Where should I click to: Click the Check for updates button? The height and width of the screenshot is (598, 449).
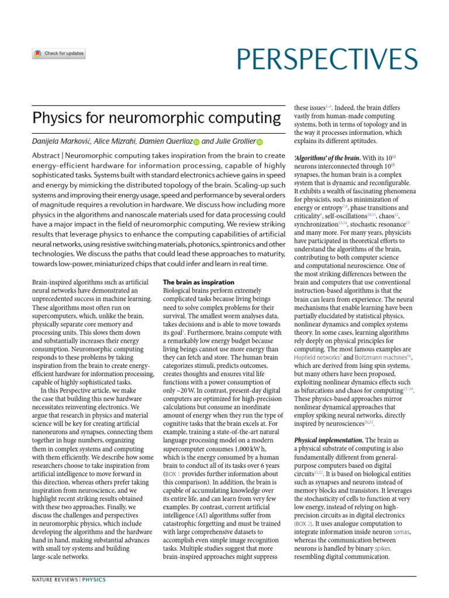pos(58,54)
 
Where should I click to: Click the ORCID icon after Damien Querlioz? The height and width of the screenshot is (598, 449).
pos(196,142)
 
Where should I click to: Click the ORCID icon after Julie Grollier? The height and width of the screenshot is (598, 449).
pos(260,142)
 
